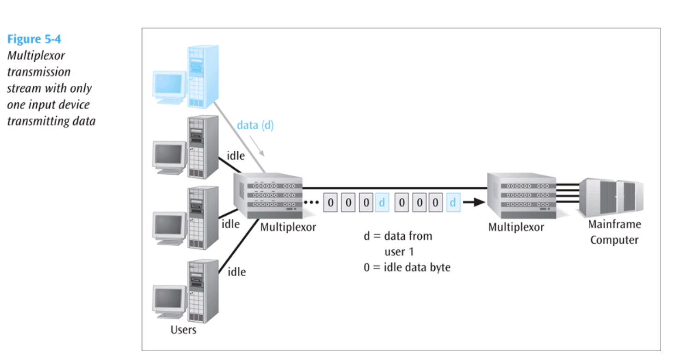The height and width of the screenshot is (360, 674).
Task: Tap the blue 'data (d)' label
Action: (255, 125)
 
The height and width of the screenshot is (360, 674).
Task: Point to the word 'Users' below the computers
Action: (183, 330)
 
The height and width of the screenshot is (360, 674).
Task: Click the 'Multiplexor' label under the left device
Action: (288, 227)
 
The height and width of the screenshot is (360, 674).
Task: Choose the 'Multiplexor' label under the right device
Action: (516, 227)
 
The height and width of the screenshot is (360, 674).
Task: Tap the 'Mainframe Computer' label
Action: (614, 232)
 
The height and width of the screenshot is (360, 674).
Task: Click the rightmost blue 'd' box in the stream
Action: (453, 203)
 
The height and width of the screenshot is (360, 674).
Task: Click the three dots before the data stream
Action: (312, 203)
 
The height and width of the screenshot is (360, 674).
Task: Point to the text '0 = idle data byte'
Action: (407, 267)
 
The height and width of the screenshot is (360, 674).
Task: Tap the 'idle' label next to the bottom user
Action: (236, 271)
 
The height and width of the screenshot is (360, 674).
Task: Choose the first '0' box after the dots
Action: (331, 203)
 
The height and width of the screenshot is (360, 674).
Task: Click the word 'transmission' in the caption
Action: (39, 72)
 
